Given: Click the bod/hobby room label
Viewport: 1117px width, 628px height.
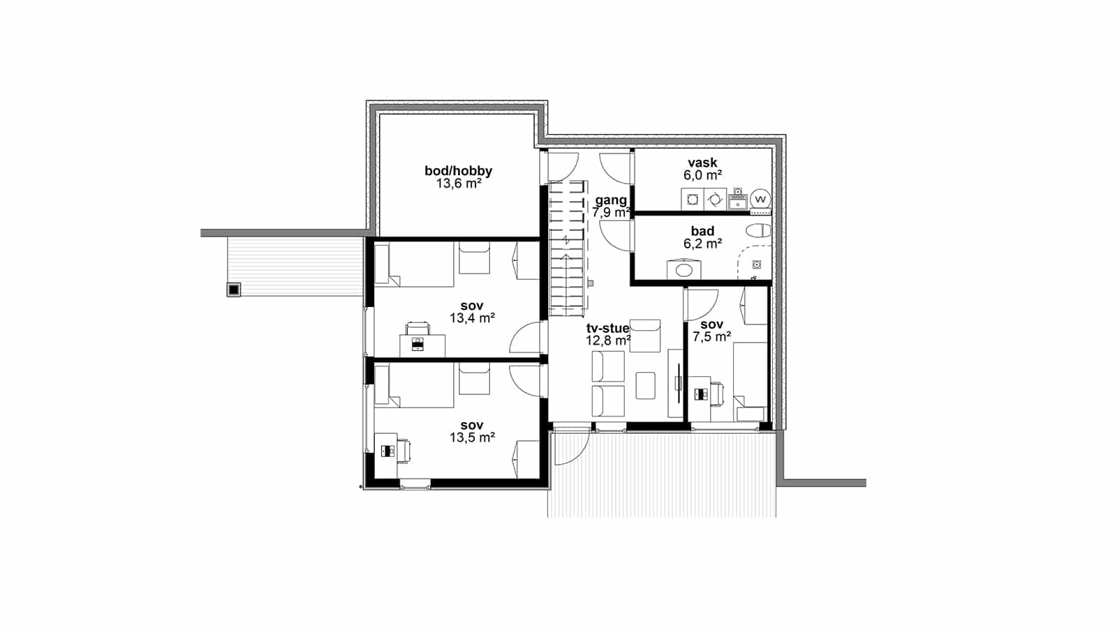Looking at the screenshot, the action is point(458,171).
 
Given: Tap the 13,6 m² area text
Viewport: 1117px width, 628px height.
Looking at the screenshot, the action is point(459,184).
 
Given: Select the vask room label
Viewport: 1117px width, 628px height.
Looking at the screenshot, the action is point(702,163).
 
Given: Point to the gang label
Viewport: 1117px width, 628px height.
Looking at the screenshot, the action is point(611,200).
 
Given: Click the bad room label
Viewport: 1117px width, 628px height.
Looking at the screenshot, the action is point(702,231).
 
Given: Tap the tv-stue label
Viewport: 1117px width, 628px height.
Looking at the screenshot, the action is point(608,328).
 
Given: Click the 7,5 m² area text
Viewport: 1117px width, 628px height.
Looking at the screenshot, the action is point(711,337).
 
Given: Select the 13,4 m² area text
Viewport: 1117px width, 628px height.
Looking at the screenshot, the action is point(472,318).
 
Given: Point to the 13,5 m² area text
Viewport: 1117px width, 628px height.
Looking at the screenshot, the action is point(472,438).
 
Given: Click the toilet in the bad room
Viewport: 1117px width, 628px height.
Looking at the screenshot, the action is point(758,231).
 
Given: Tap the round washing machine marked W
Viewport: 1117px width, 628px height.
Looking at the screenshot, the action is point(760,200).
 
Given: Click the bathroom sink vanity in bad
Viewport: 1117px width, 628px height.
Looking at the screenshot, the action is point(683,269).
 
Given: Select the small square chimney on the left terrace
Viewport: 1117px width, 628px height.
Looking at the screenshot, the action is point(234,290).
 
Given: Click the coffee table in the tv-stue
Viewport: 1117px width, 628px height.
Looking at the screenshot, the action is point(645,385).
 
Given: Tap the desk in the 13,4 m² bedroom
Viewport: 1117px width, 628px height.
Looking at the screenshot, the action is point(422,345).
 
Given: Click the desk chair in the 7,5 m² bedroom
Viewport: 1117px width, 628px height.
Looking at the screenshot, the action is point(716,394).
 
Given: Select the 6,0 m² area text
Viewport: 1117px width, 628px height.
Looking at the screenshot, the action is point(702,175).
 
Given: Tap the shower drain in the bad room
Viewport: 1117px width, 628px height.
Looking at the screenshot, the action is point(757,264).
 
